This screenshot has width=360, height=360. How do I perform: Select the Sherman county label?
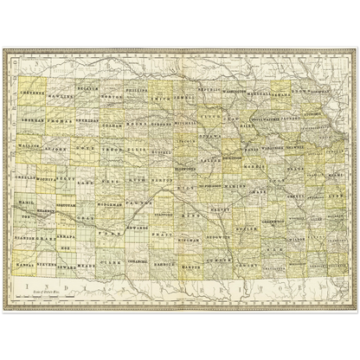32,121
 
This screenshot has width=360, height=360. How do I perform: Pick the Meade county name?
87,267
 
